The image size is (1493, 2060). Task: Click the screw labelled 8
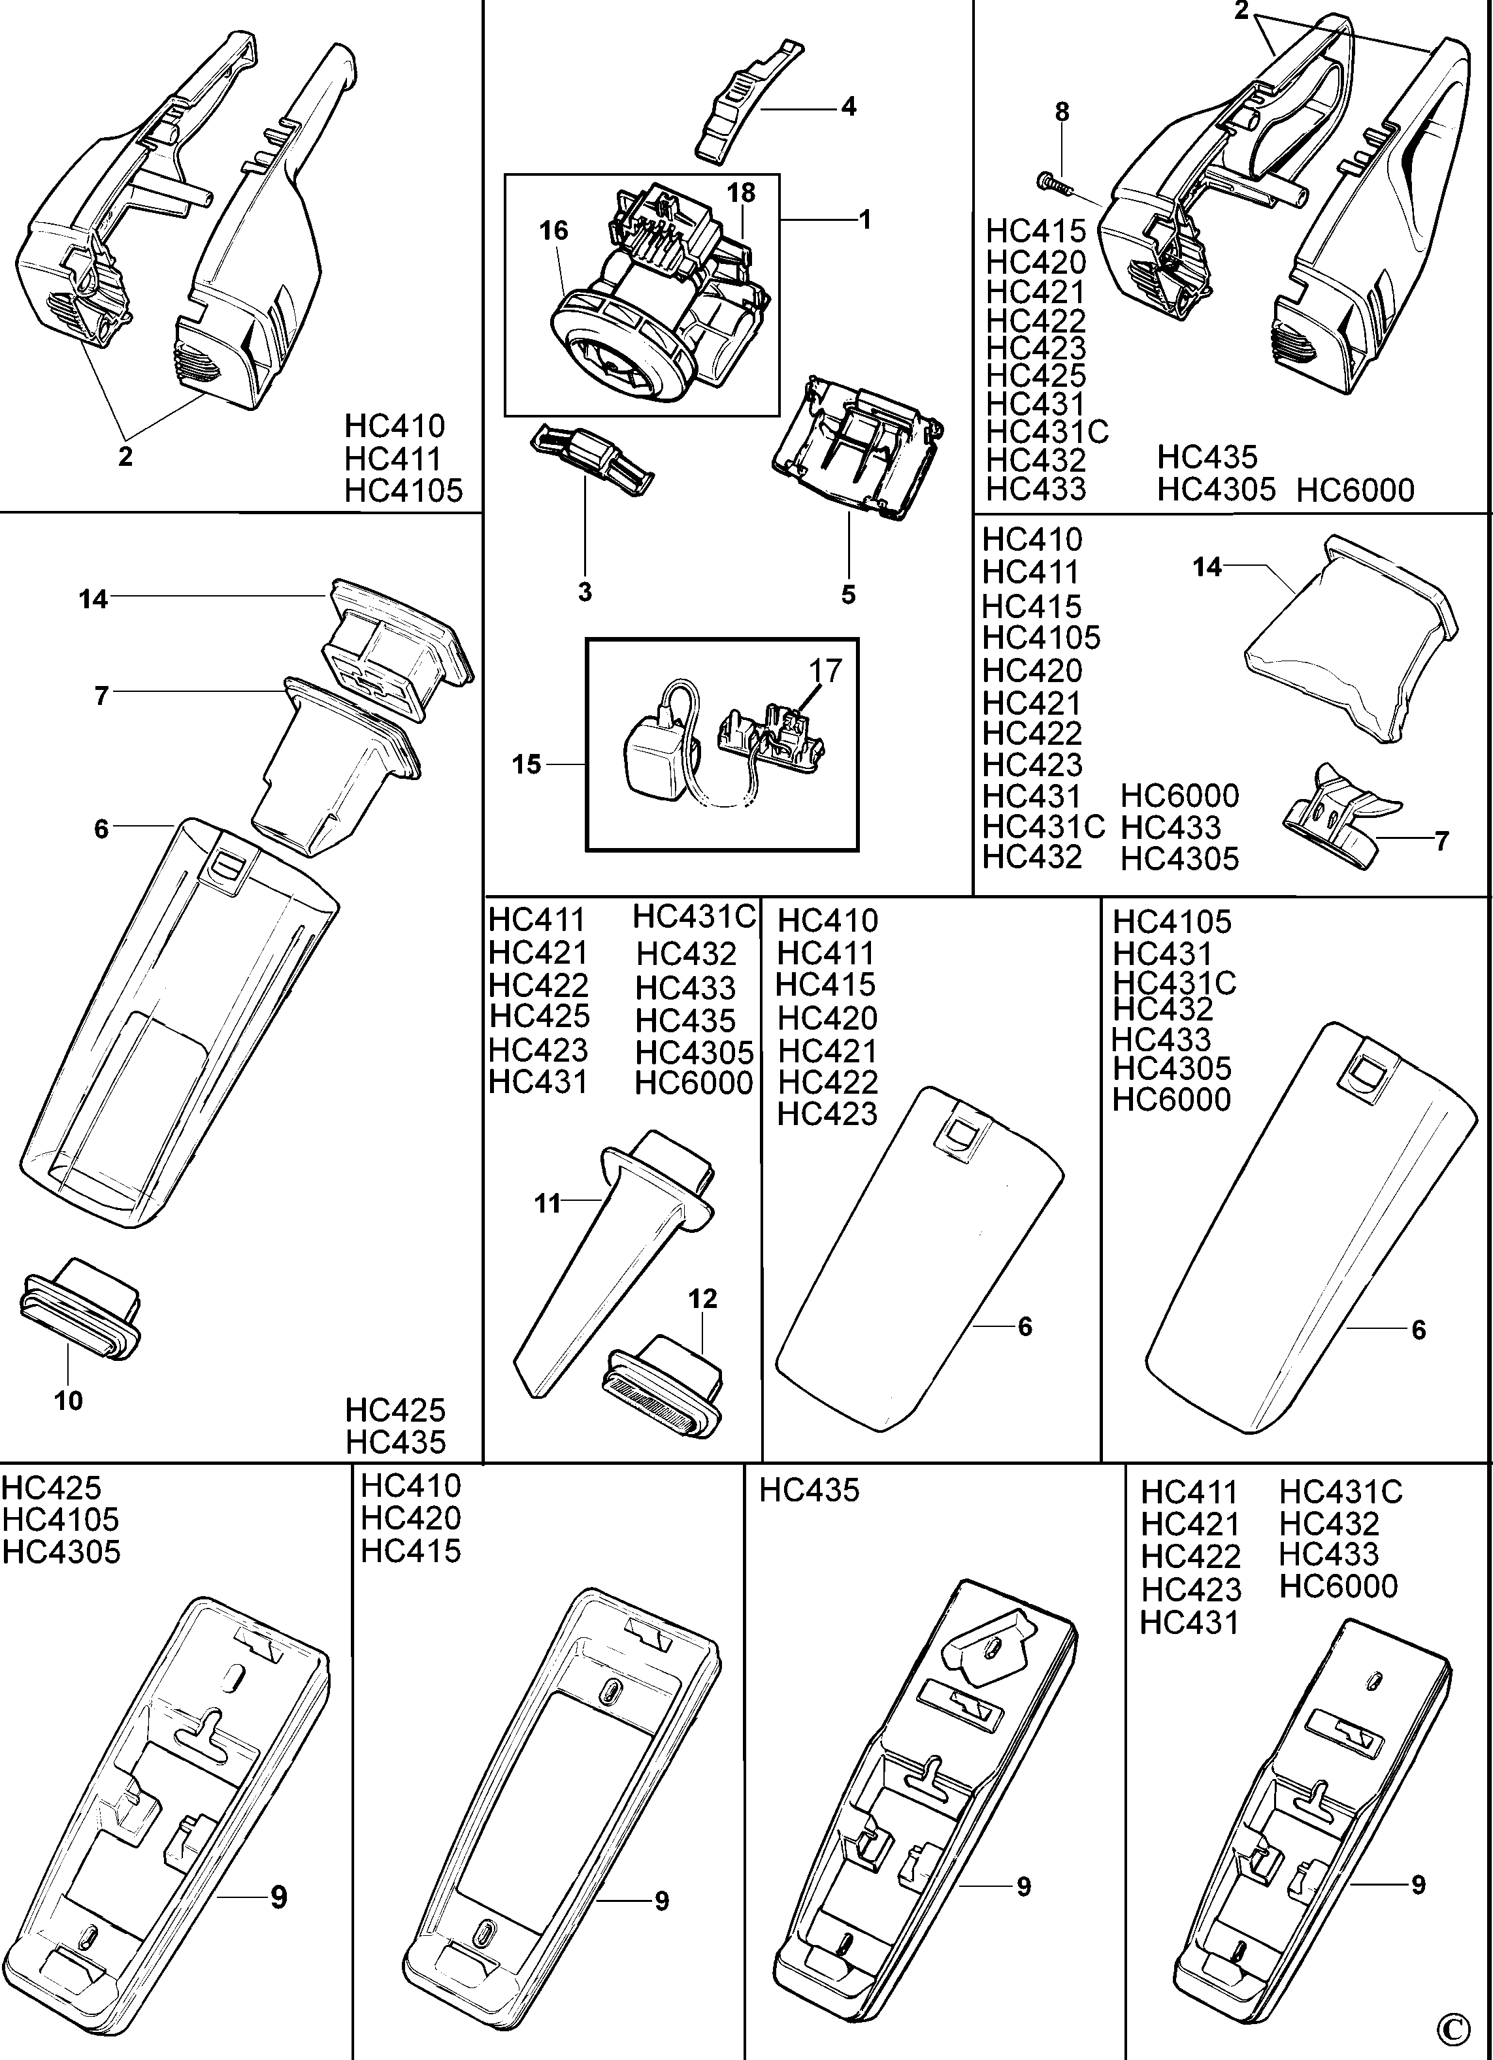1053,184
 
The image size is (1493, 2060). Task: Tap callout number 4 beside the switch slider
847,107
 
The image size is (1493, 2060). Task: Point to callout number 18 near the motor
741,193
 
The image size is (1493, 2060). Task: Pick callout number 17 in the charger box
825,671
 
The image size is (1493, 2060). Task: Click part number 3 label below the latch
585,592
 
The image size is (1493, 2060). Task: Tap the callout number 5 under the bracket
848,595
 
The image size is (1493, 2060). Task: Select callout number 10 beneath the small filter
68,1401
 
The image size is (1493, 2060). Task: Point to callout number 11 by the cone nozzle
547,1203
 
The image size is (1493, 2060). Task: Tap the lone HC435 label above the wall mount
808,1490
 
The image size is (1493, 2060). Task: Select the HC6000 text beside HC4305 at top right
1354,491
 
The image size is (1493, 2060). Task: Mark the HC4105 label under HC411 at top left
403,491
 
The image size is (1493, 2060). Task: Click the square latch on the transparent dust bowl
226,866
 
